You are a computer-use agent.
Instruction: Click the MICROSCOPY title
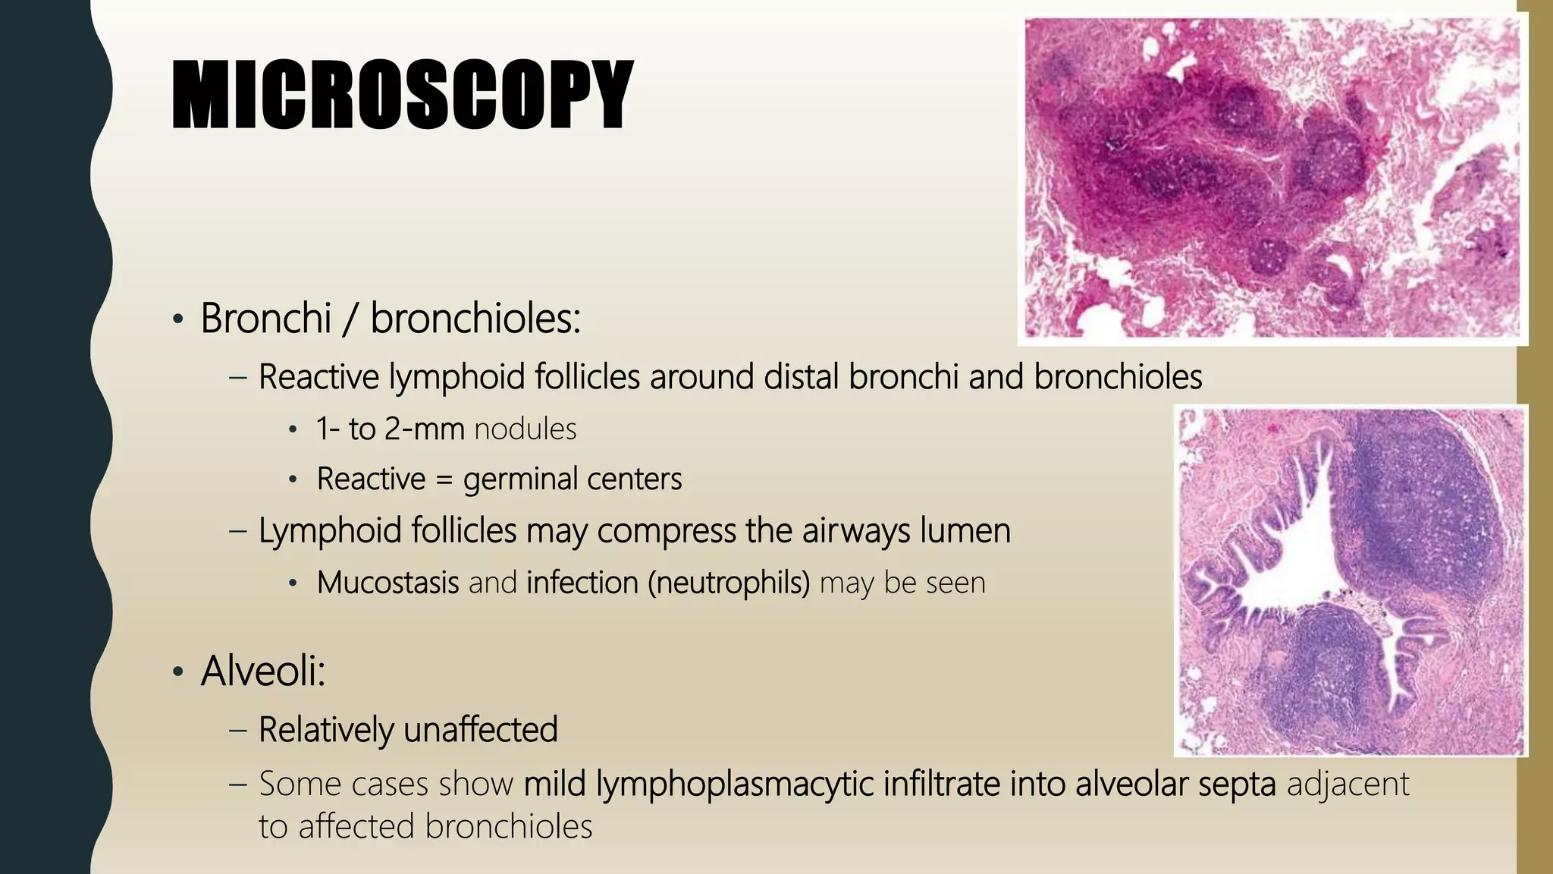point(402,95)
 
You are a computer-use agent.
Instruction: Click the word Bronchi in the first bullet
point(265,318)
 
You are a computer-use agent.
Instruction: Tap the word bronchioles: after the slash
point(475,318)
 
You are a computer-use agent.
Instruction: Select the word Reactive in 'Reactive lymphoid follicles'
point(318,377)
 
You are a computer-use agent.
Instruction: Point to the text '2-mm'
point(424,429)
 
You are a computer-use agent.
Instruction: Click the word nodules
point(526,429)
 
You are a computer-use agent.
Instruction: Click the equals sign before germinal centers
point(444,479)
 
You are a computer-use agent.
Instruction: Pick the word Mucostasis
point(387,583)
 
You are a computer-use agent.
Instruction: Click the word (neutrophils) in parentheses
point(729,583)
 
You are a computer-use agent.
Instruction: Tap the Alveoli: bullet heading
point(263,671)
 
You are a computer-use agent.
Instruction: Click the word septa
point(1237,784)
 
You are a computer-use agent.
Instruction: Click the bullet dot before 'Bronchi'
point(177,319)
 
